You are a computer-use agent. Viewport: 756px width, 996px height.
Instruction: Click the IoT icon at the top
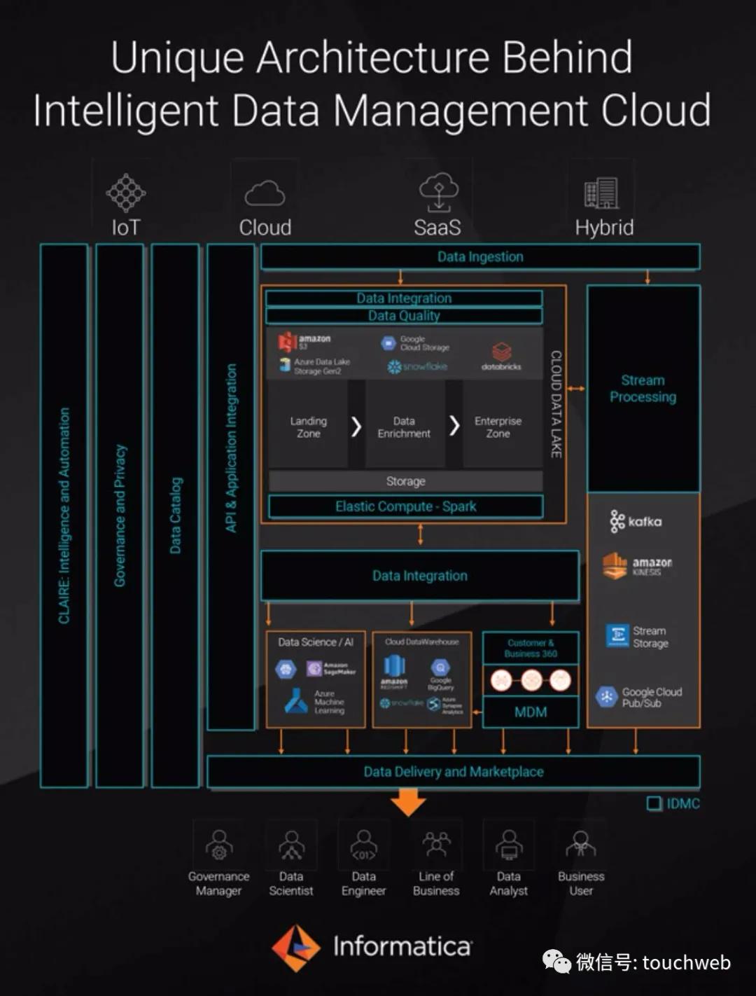tap(126, 193)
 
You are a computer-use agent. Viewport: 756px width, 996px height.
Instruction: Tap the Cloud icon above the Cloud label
tap(265, 193)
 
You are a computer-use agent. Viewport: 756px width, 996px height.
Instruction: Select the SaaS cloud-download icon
tap(438, 192)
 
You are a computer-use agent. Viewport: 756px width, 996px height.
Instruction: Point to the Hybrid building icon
tap(602, 193)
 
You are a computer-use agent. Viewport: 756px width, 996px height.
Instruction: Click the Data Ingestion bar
tap(480, 257)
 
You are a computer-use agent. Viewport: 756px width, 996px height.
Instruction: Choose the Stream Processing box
tap(643, 389)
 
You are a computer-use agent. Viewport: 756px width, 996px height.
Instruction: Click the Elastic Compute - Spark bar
tap(405, 506)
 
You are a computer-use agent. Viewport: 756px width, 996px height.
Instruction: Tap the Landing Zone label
tap(308, 427)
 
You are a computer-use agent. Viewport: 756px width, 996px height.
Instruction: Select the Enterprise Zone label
tap(498, 427)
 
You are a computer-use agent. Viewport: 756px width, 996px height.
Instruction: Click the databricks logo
tap(501, 355)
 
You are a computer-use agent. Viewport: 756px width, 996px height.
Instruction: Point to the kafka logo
tap(636, 521)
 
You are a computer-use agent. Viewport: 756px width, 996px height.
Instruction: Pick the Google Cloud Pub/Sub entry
tap(638, 697)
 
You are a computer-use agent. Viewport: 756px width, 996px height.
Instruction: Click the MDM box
tap(531, 712)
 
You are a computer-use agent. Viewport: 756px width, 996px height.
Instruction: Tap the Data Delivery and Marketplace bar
tap(453, 772)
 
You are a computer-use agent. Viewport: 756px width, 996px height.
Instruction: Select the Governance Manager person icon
tap(219, 844)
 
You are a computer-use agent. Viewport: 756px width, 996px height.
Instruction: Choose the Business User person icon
tap(581, 844)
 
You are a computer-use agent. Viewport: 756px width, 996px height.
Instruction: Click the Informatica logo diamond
tap(296, 948)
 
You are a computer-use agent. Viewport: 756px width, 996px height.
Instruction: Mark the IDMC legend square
tap(654, 803)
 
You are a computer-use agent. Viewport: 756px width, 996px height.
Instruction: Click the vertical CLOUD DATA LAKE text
tap(556, 404)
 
